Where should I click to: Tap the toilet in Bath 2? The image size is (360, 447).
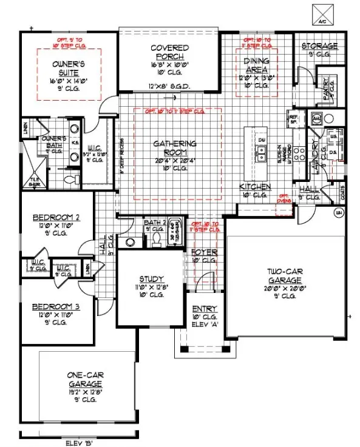(155, 240)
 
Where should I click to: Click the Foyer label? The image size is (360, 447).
(205, 252)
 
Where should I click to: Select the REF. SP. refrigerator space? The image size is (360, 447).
(293, 119)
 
